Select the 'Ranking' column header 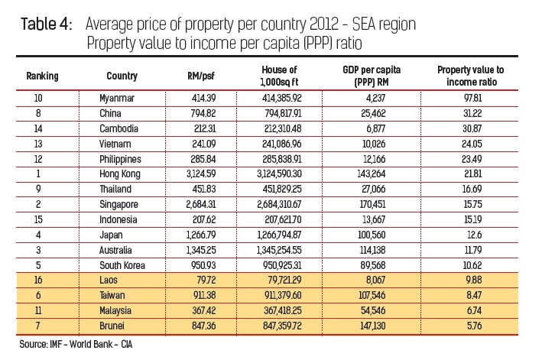tap(43, 76)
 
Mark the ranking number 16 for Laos tap(39, 281)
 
